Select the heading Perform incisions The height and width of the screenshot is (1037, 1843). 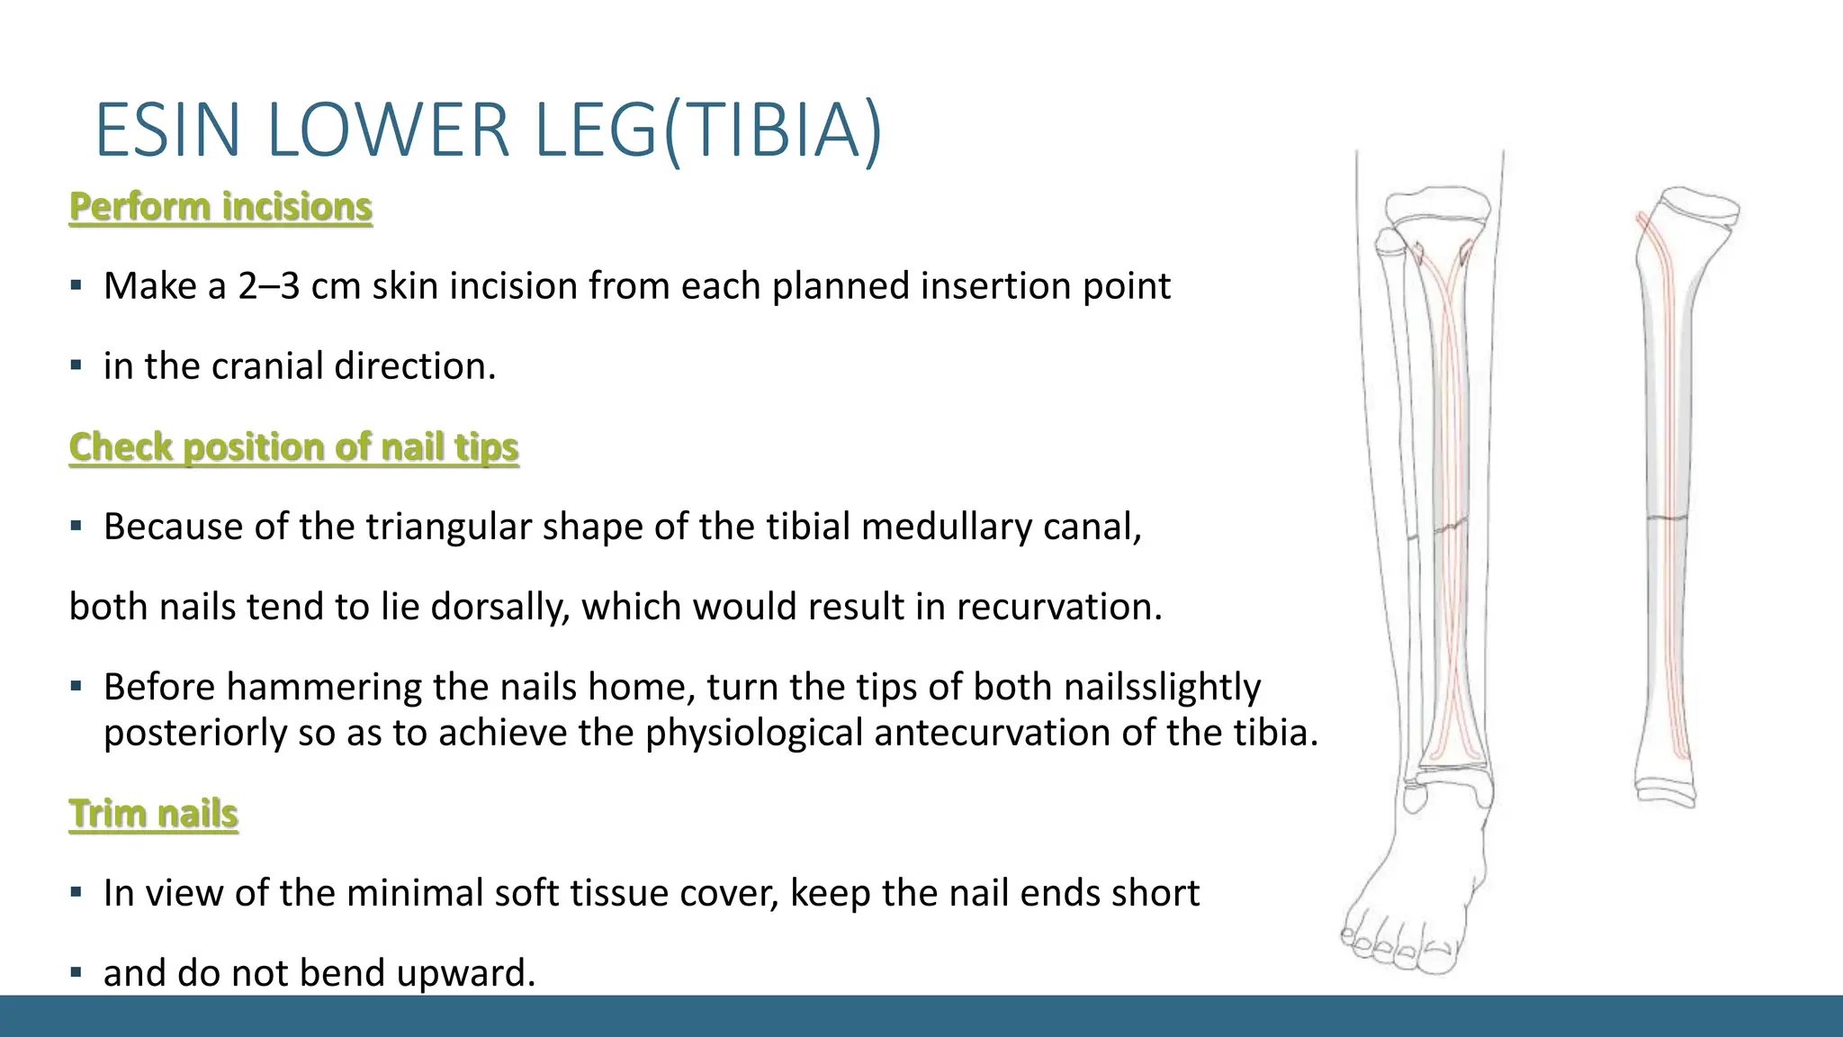tap(220, 207)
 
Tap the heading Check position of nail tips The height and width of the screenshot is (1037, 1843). tap(293, 447)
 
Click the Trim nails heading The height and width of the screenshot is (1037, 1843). tap(153, 814)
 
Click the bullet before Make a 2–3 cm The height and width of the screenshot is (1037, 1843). tap(76, 286)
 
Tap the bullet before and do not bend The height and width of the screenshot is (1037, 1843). tap(76, 973)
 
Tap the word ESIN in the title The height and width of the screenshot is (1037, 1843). tap(167, 131)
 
